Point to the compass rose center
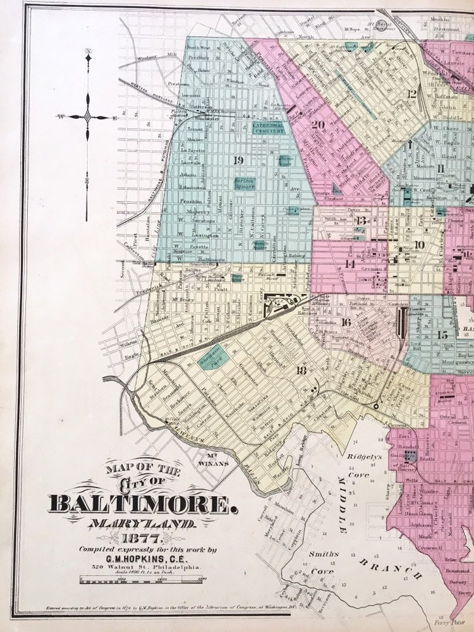(x=88, y=117)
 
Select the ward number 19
(x=238, y=159)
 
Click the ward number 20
(x=319, y=125)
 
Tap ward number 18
(x=301, y=371)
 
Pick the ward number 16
(x=346, y=322)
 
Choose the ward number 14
(x=349, y=264)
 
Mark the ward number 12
(x=413, y=94)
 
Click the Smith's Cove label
(x=324, y=561)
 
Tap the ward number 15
(x=442, y=334)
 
